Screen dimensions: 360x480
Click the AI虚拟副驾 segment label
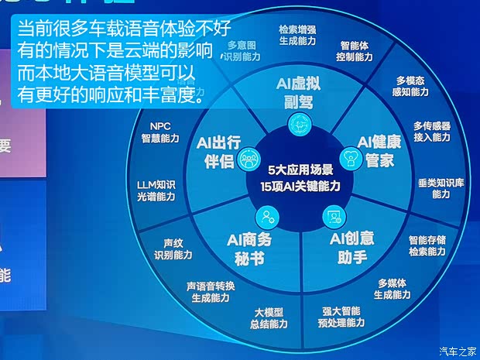298,93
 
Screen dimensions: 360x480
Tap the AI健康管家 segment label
377,151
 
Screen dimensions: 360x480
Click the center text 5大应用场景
300,169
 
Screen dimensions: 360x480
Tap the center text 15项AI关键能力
300,186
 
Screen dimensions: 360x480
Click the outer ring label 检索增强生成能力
297,35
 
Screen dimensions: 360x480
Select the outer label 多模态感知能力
412,86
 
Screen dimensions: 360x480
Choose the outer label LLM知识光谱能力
156,190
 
